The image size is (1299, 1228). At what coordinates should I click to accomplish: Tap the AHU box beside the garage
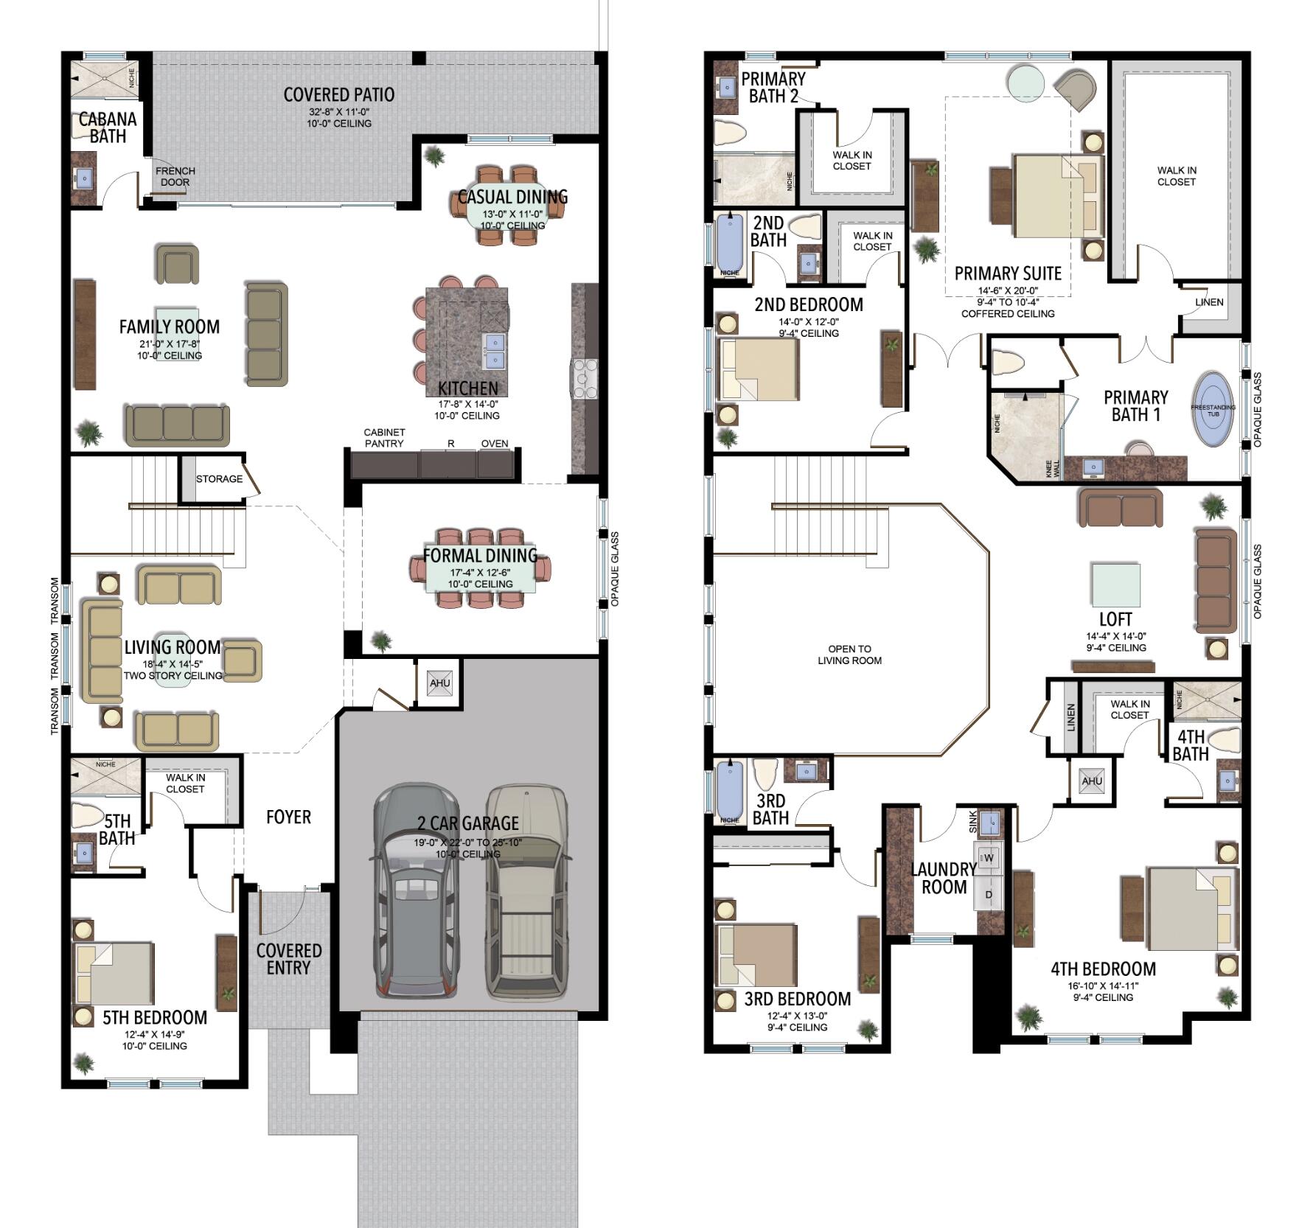(x=439, y=683)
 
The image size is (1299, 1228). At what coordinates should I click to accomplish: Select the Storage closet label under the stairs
(x=219, y=479)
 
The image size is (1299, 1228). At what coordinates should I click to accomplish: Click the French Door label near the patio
(x=175, y=177)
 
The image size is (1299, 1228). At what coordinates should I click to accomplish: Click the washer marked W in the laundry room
(x=989, y=858)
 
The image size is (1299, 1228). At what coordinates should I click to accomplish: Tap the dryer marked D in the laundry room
(x=989, y=895)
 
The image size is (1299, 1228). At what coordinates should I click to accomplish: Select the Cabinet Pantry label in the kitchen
(x=384, y=438)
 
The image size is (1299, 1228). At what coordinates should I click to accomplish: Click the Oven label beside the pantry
(x=495, y=444)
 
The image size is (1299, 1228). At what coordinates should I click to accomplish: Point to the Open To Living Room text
(x=849, y=655)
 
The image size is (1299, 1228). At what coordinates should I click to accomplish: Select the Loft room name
(x=1115, y=619)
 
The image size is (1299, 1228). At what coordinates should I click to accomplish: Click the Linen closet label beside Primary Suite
(x=1209, y=302)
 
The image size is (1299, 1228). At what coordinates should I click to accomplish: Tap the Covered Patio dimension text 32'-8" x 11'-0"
(x=339, y=112)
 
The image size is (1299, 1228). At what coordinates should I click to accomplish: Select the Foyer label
(x=288, y=817)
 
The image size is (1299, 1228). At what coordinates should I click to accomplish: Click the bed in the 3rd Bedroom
(x=757, y=955)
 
